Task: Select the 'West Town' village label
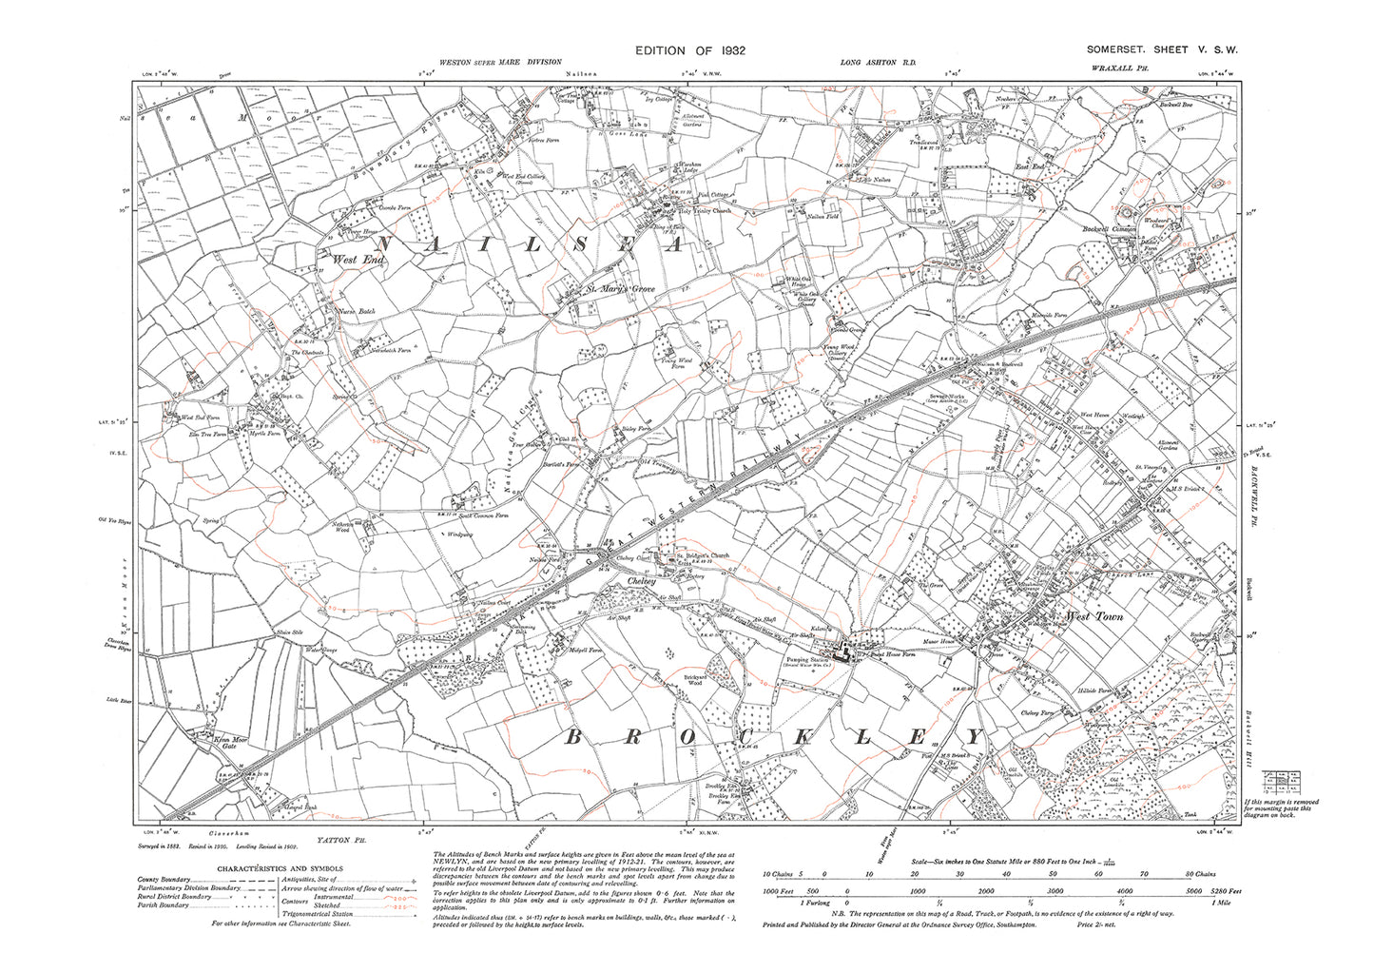tap(1095, 616)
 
